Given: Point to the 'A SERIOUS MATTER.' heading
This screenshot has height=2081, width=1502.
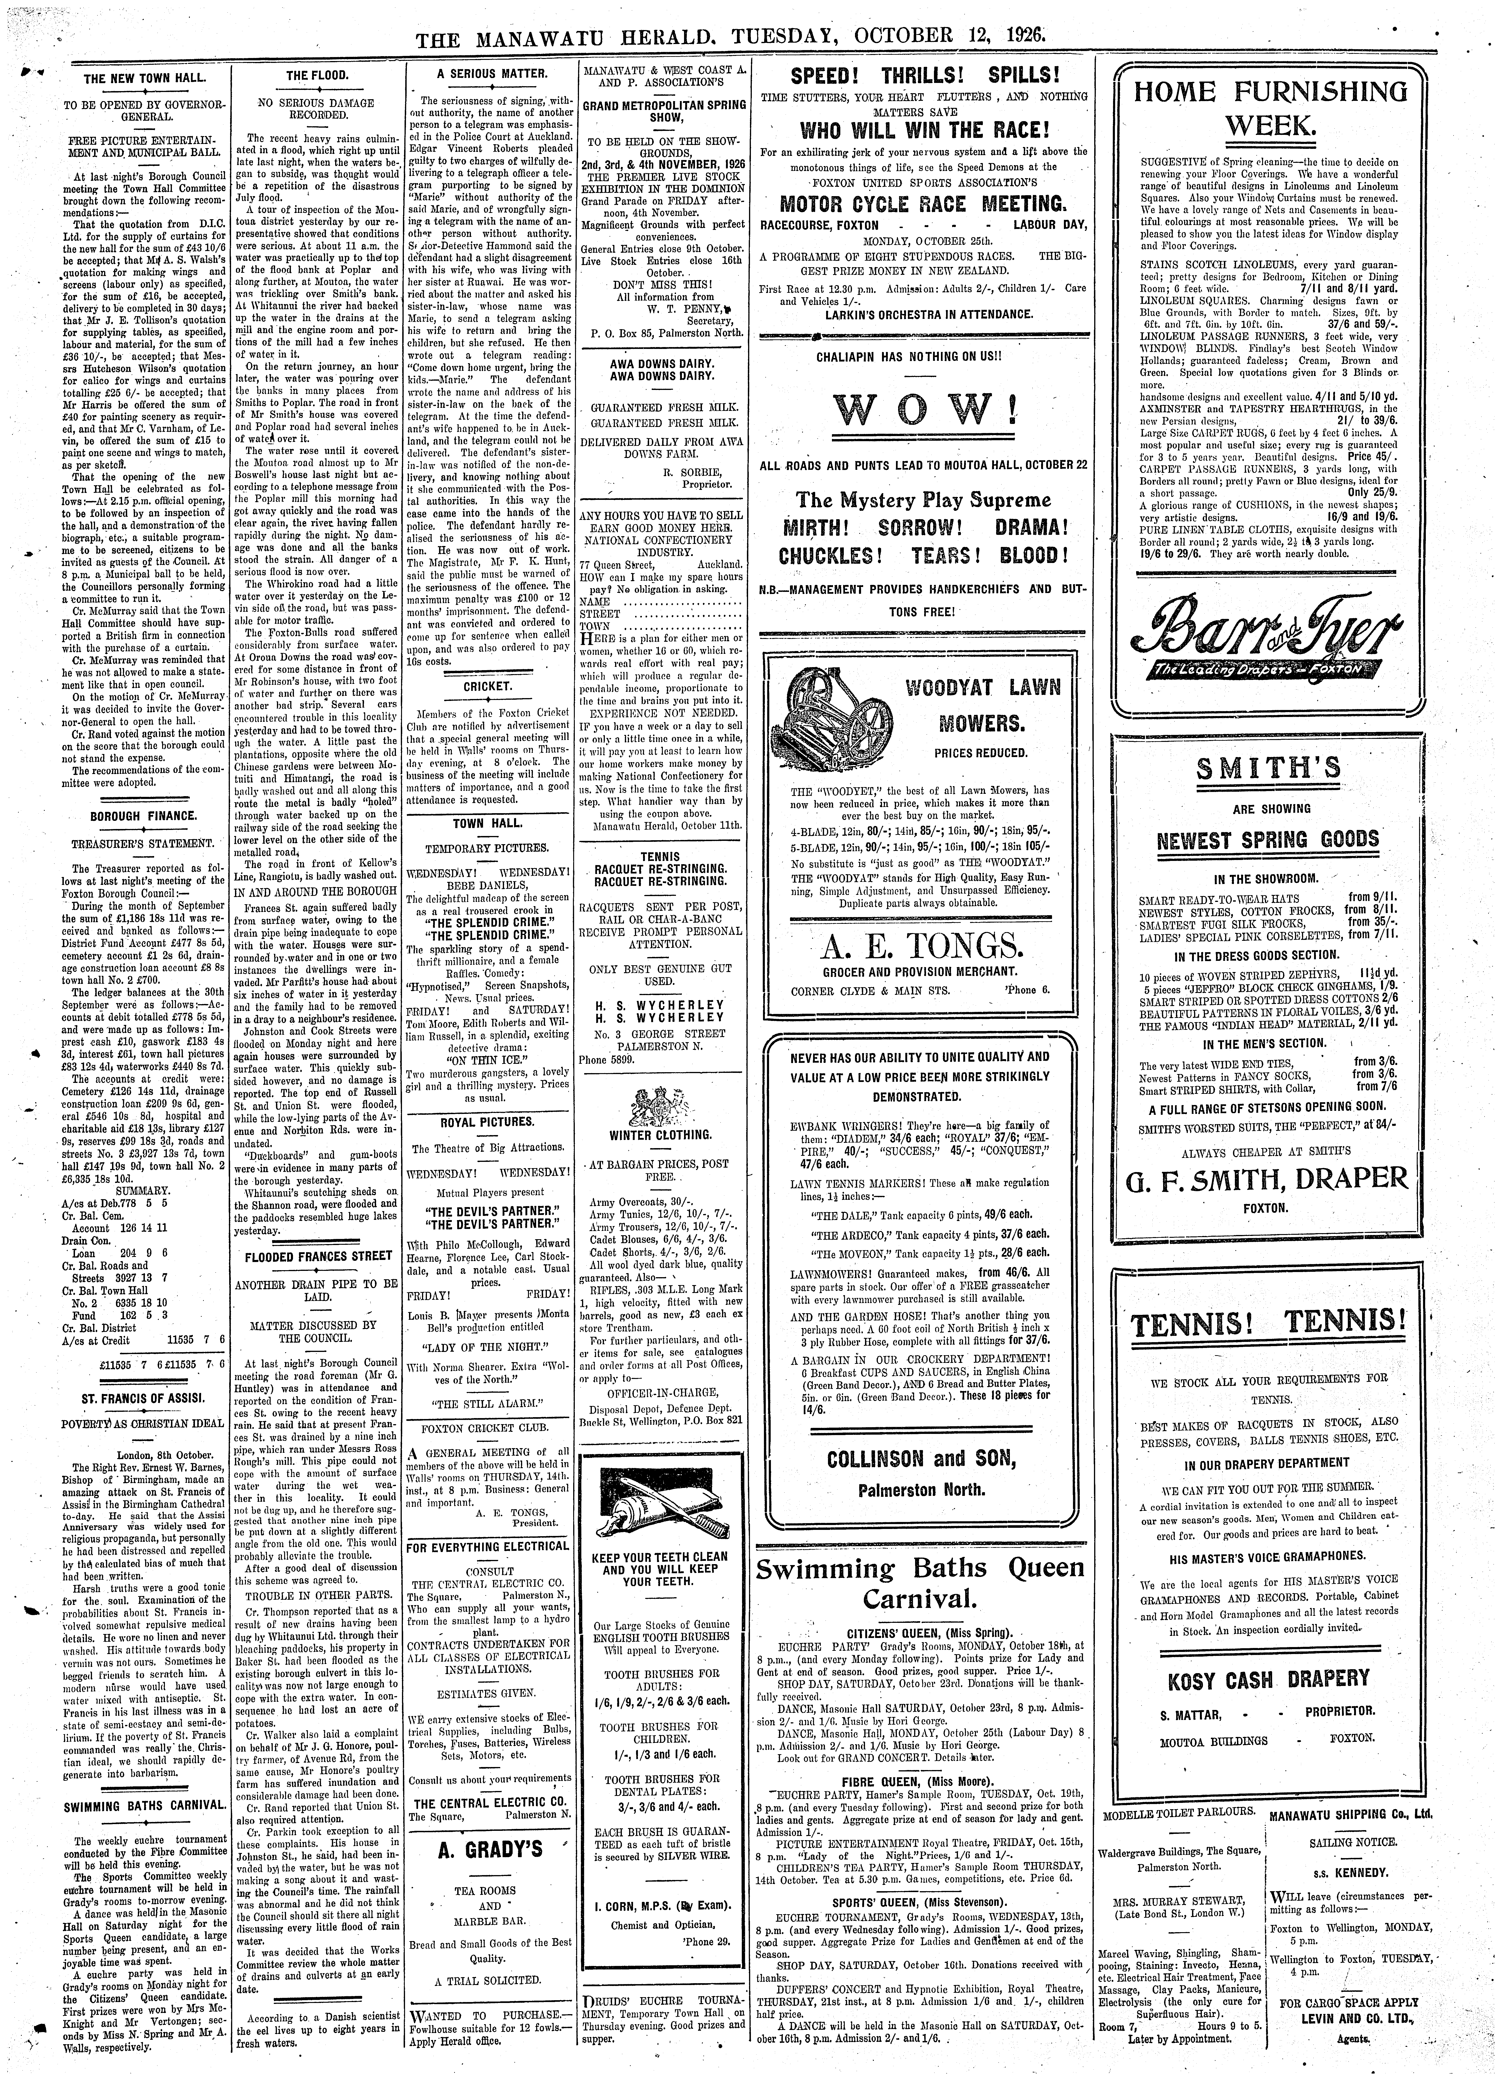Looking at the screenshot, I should (492, 73).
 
